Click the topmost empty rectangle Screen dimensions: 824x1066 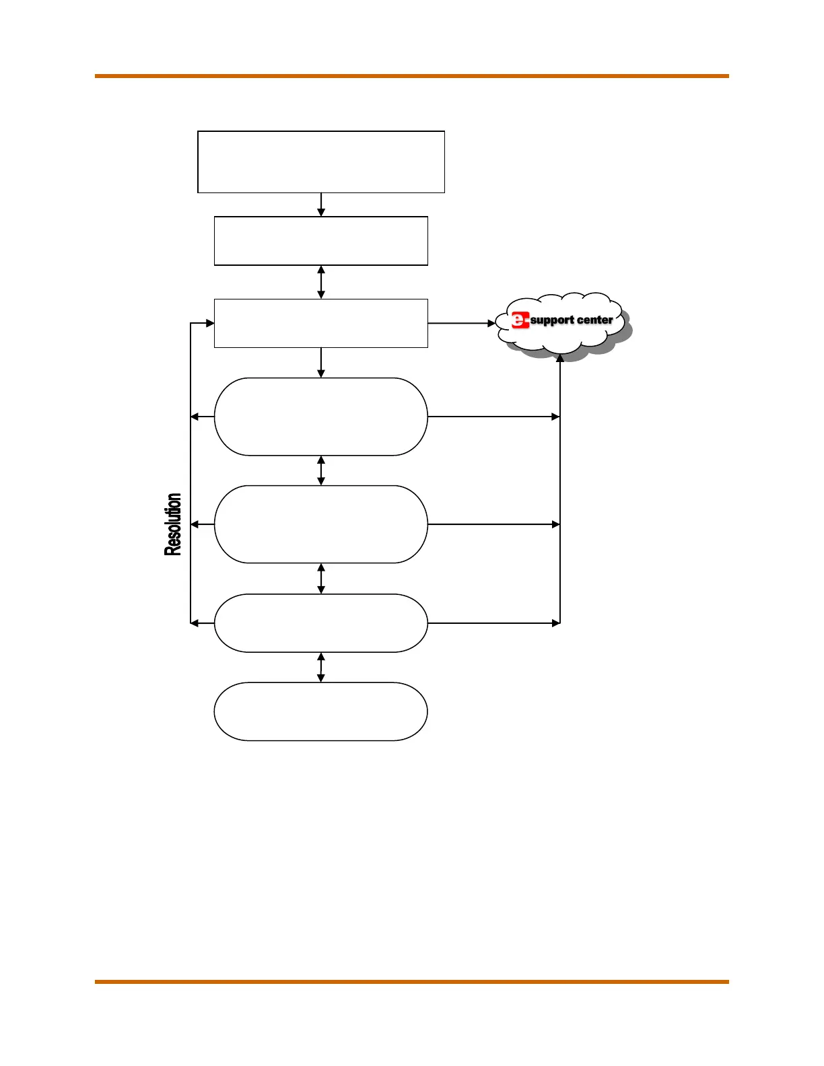click(x=320, y=162)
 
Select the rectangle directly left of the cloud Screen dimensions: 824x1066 click(x=320, y=323)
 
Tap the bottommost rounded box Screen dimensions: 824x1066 click(x=320, y=711)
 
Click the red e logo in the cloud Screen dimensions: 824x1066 click(x=520, y=320)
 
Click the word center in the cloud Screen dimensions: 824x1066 click(x=595, y=320)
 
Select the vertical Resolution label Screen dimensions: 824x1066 click(x=173, y=524)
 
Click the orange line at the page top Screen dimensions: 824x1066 click(x=411, y=76)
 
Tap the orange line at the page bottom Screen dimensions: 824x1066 click(x=411, y=982)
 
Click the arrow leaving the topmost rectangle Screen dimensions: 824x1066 click(x=321, y=205)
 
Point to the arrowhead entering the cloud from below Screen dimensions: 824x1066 click(x=560, y=359)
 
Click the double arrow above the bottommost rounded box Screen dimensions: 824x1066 click(x=321, y=667)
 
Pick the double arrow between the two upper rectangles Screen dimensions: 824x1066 click(x=321, y=282)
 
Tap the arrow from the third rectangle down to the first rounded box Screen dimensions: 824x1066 click(x=321, y=363)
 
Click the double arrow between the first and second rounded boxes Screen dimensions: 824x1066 click(x=321, y=470)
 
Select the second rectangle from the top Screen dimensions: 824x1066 click(x=320, y=241)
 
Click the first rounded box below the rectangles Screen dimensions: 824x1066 click(x=320, y=417)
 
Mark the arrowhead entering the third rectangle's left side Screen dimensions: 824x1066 click(x=209, y=324)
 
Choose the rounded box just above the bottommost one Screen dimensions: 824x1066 click(x=320, y=623)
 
